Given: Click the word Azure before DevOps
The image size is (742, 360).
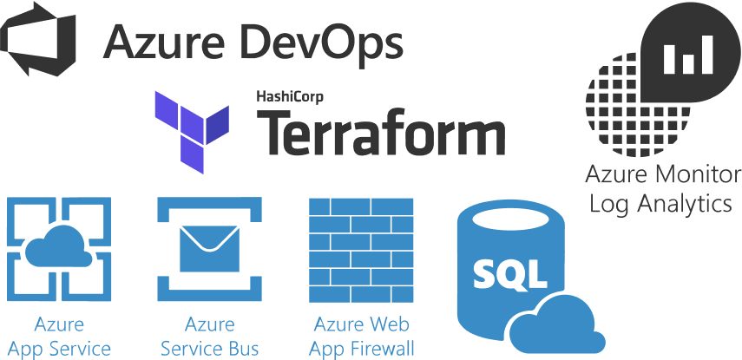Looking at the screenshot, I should click(163, 41).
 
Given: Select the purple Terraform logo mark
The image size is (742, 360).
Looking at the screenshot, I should click(191, 127).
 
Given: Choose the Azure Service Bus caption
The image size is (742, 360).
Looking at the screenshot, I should click(209, 337).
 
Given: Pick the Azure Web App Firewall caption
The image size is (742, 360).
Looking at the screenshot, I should click(363, 337).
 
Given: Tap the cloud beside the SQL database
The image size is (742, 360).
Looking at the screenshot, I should click(555, 323).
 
